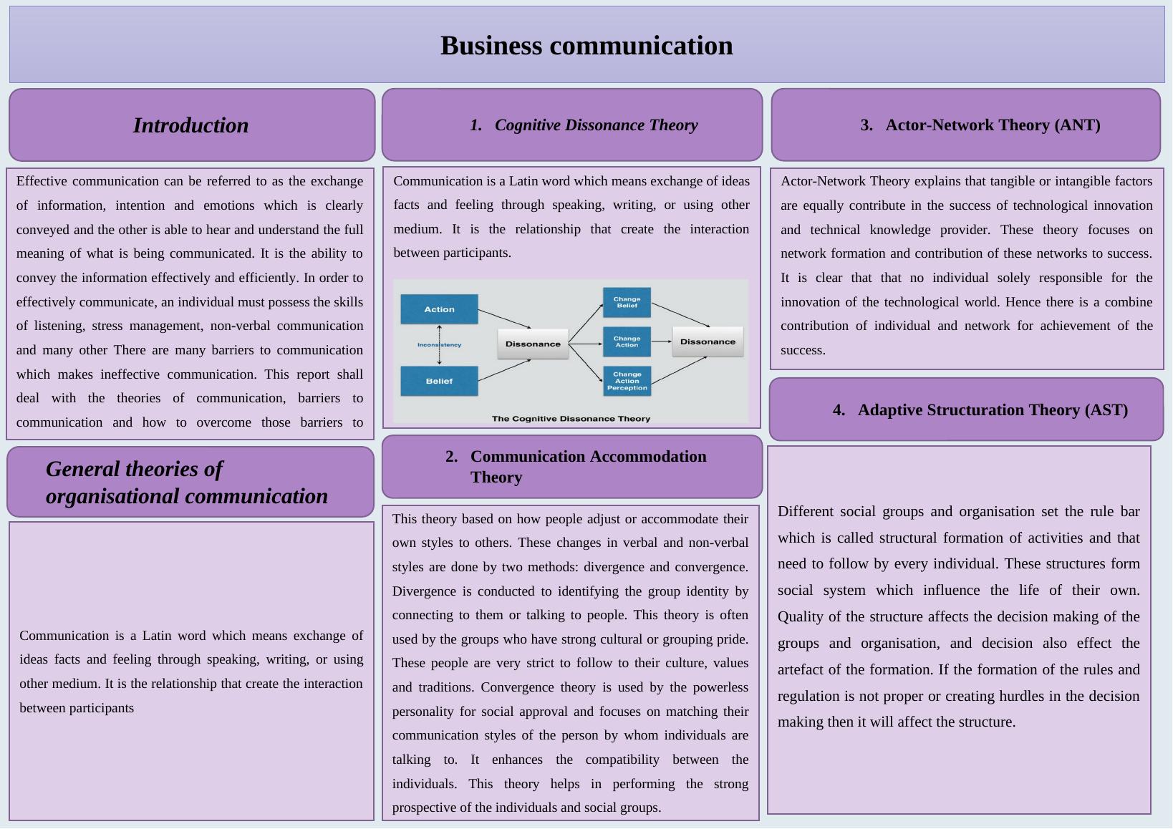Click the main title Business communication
pyautogui.click(x=586, y=46)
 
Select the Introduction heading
pyautogui.click(x=191, y=125)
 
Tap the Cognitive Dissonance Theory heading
pyautogui.click(x=596, y=125)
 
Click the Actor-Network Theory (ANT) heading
pyautogui.click(x=993, y=125)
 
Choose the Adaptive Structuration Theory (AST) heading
pyautogui.click(x=993, y=410)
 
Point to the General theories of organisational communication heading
pyautogui.click(x=187, y=483)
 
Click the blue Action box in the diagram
pyautogui.click(x=439, y=309)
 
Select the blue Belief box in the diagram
pyautogui.click(x=439, y=381)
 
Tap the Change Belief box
pyautogui.click(x=627, y=302)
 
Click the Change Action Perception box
pyautogui.click(x=627, y=381)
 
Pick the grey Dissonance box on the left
pyautogui.click(x=533, y=344)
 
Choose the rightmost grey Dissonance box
pyautogui.click(x=708, y=341)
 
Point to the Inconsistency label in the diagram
pyautogui.click(x=439, y=345)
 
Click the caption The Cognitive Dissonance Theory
pyautogui.click(x=571, y=419)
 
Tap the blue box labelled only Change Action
pyautogui.click(x=627, y=341)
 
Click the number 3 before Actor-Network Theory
pyautogui.click(x=867, y=125)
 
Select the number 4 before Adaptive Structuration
pyautogui.click(x=839, y=410)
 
